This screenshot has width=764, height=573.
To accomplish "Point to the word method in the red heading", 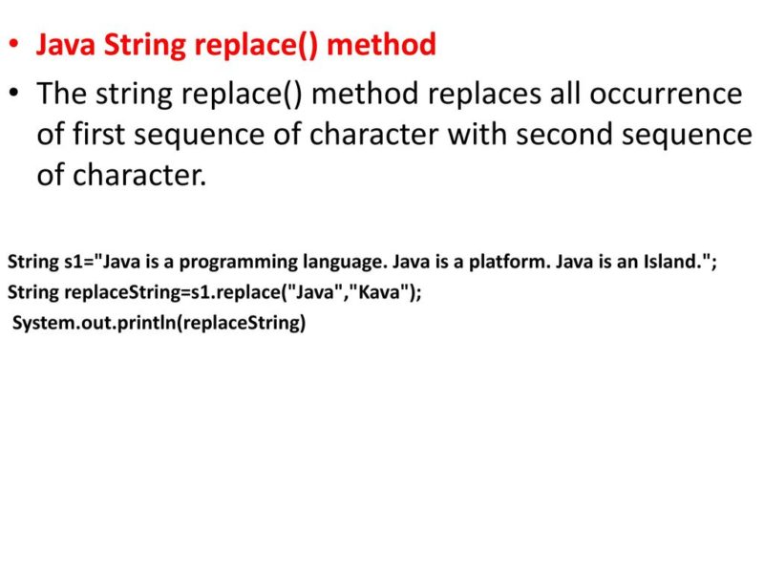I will (382, 44).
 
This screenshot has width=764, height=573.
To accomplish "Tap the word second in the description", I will (561, 135).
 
